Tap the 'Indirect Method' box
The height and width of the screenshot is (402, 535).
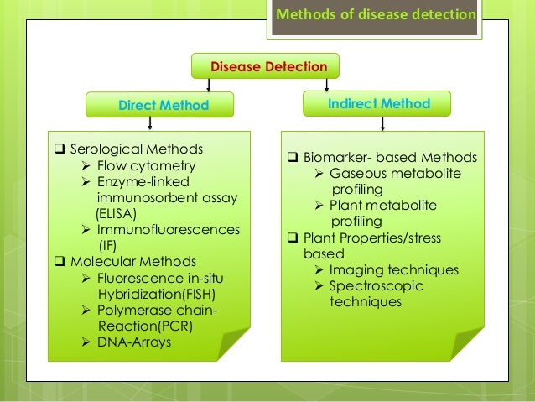pyautogui.click(x=378, y=104)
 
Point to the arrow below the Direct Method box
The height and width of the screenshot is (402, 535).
pyautogui.click(x=150, y=123)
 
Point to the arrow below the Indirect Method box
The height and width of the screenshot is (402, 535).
pyautogui.click(x=383, y=123)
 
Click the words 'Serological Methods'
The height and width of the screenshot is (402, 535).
pyautogui.click(x=136, y=149)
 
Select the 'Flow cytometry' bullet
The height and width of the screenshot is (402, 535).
pyautogui.click(x=145, y=165)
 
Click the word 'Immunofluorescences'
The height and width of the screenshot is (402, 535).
pyautogui.click(x=168, y=229)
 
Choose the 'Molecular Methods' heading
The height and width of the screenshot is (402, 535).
pyautogui.click(x=133, y=261)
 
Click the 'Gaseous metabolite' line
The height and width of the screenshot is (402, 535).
pyautogui.click(x=394, y=173)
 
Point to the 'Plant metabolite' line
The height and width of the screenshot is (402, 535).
pyautogui.click(x=382, y=205)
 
